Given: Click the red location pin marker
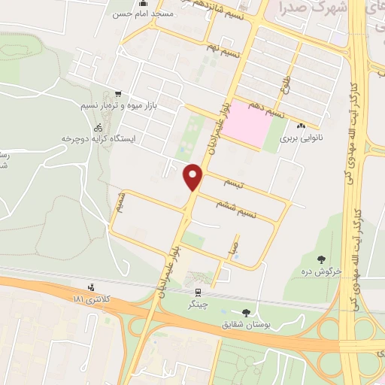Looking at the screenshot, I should (194, 177).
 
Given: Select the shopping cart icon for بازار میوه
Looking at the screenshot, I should (117, 95).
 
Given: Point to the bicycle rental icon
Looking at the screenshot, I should (99, 128).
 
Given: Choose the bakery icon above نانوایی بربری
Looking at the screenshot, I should (302, 126).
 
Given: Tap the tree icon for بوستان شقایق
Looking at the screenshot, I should (247, 312).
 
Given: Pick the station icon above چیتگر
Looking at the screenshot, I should (198, 293).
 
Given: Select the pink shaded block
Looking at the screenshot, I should (248, 123).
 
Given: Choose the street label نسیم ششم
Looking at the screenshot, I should (237, 208).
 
